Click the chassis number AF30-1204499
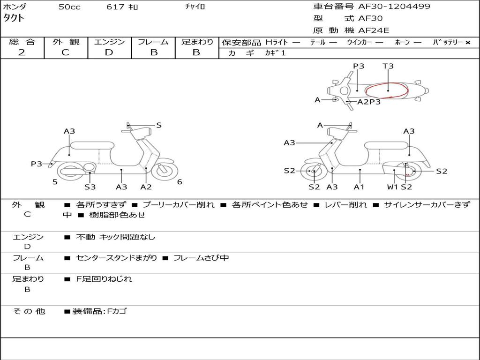point(394,7)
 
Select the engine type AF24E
point(374,30)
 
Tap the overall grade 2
point(22,52)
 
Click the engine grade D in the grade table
point(109,52)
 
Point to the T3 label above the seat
point(388,66)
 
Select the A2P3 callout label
point(369,102)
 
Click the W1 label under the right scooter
point(392,187)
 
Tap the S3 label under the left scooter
point(90,187)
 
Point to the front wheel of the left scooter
point(165,171)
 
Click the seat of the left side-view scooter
point(92,145)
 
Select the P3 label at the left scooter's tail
point(37,164)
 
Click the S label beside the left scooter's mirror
point(158,125)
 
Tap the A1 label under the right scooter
point(359,187)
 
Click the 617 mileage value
point(115,7)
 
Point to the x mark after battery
point(468,43)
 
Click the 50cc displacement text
point(69,7)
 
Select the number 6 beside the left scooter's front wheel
point(180,182)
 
